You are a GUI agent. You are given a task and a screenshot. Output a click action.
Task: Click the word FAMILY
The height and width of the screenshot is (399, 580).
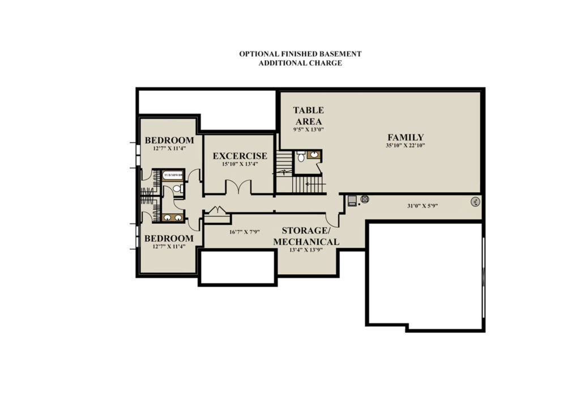click(x=406, y=137)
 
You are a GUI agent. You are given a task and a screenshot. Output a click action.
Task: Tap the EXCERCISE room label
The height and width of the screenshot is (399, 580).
click(x=240, y=156)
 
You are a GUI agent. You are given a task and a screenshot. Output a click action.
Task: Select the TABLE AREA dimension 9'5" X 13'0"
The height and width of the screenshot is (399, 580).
click(x=309, y=130)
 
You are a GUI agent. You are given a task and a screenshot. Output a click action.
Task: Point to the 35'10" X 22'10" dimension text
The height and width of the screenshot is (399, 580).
click(x=406, y=146)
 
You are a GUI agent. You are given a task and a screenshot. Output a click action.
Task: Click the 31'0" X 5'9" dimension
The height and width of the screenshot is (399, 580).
click(x=423, y=206)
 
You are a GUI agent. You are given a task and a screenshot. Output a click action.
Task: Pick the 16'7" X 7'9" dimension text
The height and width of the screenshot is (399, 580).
click(x=245, y=232)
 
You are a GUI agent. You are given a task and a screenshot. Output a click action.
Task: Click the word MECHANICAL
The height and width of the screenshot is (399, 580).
click(x=306, y=241)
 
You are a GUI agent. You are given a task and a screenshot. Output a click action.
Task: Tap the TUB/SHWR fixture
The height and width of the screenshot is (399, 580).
click(x=173, y=175)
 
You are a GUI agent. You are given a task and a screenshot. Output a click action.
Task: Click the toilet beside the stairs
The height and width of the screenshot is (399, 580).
click(x=301, y=156)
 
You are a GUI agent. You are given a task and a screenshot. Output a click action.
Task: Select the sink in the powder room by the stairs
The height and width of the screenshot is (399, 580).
click(x=314, y=155)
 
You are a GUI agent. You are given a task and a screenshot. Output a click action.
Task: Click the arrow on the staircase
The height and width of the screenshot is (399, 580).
click(x=315, y=184)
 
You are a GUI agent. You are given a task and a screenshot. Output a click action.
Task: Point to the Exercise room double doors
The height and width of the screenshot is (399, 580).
click(x=238, y=186)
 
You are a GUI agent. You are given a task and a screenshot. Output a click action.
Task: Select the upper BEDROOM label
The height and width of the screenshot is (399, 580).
click(x=169, y=141)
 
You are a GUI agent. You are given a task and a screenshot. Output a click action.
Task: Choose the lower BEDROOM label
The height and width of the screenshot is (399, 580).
click(x=169, y=239)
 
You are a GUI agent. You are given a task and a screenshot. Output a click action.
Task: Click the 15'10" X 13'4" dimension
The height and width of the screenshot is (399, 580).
click(x=240, y=164)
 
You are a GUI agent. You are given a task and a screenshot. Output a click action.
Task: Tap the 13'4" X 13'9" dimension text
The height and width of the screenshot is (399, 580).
click(x=306, y=250)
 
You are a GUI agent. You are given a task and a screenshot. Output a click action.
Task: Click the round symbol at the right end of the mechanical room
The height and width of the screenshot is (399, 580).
click(x=475, y=202)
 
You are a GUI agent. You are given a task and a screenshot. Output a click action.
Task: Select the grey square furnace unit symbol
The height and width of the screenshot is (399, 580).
click(x=352, y=201)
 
